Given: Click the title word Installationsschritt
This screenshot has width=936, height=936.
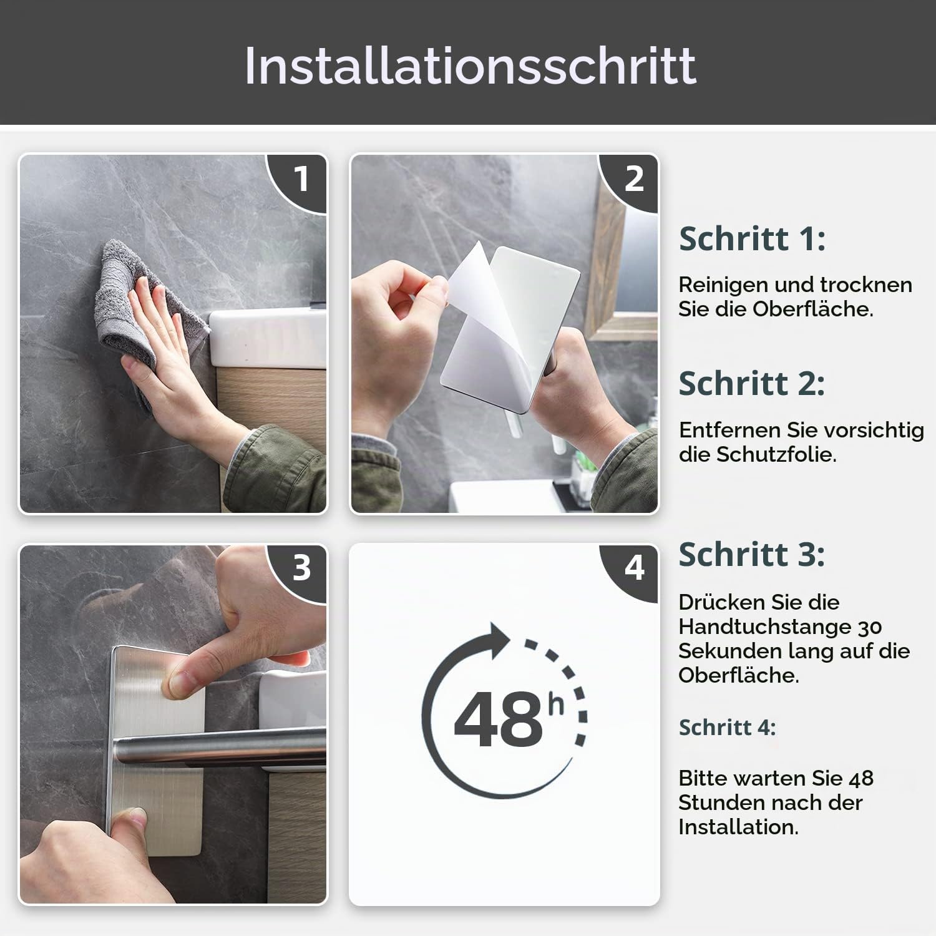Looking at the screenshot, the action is click(x=470, y=66).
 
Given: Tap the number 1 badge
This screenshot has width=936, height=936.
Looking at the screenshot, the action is click(x=301, y=180).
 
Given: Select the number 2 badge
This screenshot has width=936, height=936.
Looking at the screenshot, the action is click(x=633, y=180).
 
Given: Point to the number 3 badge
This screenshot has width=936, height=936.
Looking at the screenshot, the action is click(x=301, y=568).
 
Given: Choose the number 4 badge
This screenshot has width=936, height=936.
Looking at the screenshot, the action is click(x=633, y=568).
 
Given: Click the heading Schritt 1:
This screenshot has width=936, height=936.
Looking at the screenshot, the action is click(x=752, y=239).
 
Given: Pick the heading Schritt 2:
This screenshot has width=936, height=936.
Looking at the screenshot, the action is click(x=752, y=383).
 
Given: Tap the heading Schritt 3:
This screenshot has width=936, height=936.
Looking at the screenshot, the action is click(x=752, y=554).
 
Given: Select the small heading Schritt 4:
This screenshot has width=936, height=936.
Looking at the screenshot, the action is click(x=727, y=728).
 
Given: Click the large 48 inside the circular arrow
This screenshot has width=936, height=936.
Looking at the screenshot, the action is click(x=499, y=718).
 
